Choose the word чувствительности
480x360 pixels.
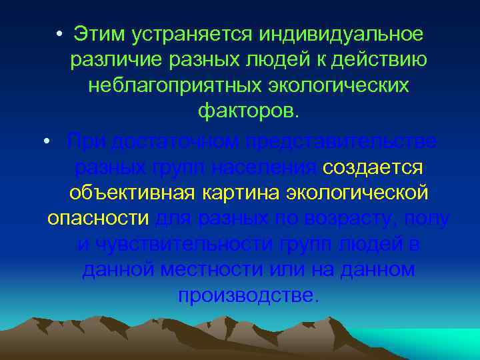181,245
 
